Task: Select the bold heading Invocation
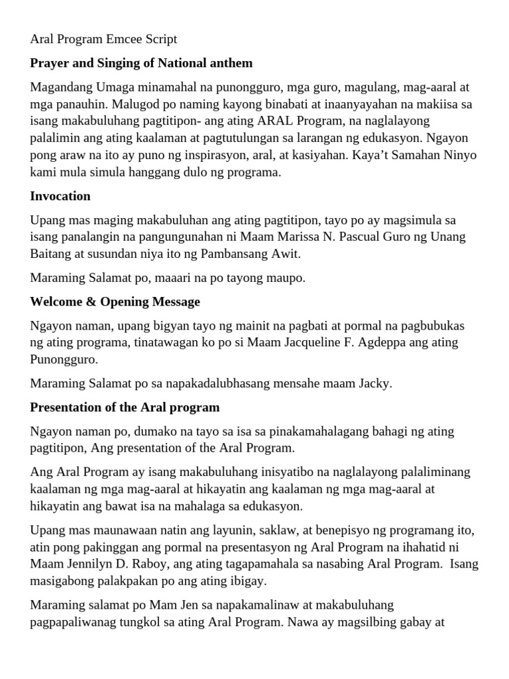tap(60, 196)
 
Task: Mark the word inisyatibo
tap(239, 471)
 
